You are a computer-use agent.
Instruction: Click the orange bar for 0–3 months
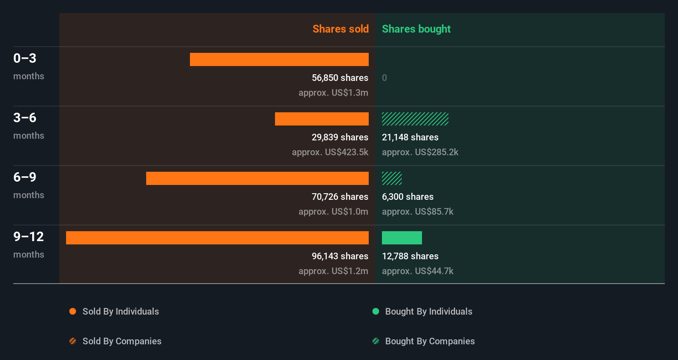(279, 59)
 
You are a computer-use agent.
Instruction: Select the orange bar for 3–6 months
(322, 119)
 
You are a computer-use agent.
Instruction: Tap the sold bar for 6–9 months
(257, 178)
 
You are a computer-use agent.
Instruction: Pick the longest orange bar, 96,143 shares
(217, 238)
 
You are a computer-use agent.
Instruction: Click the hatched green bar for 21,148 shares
(415, 119)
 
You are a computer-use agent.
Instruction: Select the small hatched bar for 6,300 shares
(392, 178)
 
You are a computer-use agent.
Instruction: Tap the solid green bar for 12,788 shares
(402, 238)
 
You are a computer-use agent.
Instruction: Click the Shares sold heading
(340, 29)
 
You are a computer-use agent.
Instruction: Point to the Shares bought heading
(416, 29)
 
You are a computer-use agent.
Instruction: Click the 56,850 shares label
(340, 78)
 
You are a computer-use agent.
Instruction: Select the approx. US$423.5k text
(330, 152)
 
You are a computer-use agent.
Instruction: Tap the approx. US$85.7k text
(417, 211)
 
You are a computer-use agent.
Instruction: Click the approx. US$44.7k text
(417, 271)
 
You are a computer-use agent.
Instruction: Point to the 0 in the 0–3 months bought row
(384, 78)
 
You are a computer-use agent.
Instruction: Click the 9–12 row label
(28, 237)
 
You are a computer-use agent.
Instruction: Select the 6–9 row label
(25, 177)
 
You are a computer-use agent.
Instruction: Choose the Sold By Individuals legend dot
(73, 311)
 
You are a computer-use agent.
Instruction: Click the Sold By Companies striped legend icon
(73, 341)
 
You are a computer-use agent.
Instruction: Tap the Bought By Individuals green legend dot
(376, 311)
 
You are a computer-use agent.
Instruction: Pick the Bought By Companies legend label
(429, 341)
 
